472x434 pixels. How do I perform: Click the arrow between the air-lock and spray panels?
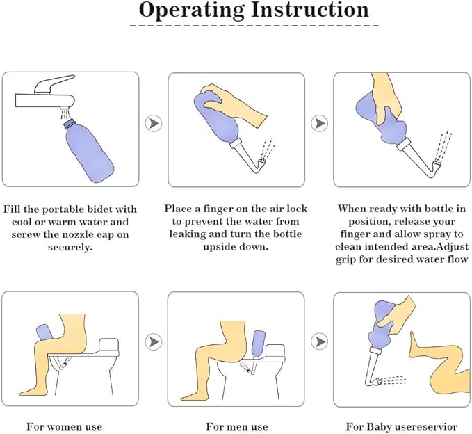(x=319, y=123)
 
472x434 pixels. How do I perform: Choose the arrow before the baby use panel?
(x=319, y=342)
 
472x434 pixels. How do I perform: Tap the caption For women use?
(x=64, y=426)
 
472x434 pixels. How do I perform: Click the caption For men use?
(x=237, y=426)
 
